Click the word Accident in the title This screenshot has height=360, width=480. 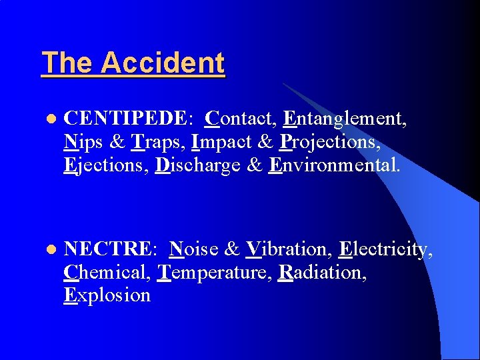pos(163,63)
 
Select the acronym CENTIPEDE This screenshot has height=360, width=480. pos(126,119)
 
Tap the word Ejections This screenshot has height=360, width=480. pos(105,165)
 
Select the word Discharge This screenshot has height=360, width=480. pos(197,165)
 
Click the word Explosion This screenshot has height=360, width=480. pos(107,295)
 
